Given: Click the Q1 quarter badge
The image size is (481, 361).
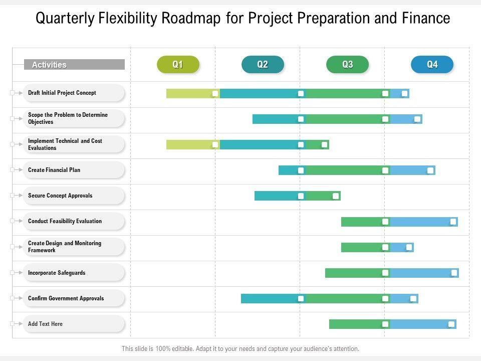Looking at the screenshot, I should click(178, 65).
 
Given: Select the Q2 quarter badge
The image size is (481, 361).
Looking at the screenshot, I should click(263, 65).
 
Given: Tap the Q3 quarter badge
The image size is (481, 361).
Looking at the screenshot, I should click(347, 65).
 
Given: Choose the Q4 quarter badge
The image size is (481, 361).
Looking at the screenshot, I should click(432, 65).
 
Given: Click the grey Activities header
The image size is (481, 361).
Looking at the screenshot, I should click(74, 65).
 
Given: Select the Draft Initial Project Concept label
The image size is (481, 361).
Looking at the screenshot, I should click(62, 93).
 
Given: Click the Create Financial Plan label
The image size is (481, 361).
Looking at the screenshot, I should click(54, 170).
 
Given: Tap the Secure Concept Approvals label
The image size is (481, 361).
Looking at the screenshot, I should click(60, 196).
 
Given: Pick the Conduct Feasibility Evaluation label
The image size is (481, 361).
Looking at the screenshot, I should click(65, 221).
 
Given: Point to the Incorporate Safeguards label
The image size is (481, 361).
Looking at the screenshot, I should click(57, 273).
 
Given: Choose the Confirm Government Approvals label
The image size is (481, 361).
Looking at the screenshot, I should click(66, 298).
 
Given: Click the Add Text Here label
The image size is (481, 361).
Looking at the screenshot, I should click(45, 324).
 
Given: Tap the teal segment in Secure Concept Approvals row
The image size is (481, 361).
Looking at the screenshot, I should click(276, 196).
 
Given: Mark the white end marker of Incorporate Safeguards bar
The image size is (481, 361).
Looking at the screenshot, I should click(454, 273).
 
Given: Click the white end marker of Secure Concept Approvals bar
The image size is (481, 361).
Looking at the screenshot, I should click(336, 196).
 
